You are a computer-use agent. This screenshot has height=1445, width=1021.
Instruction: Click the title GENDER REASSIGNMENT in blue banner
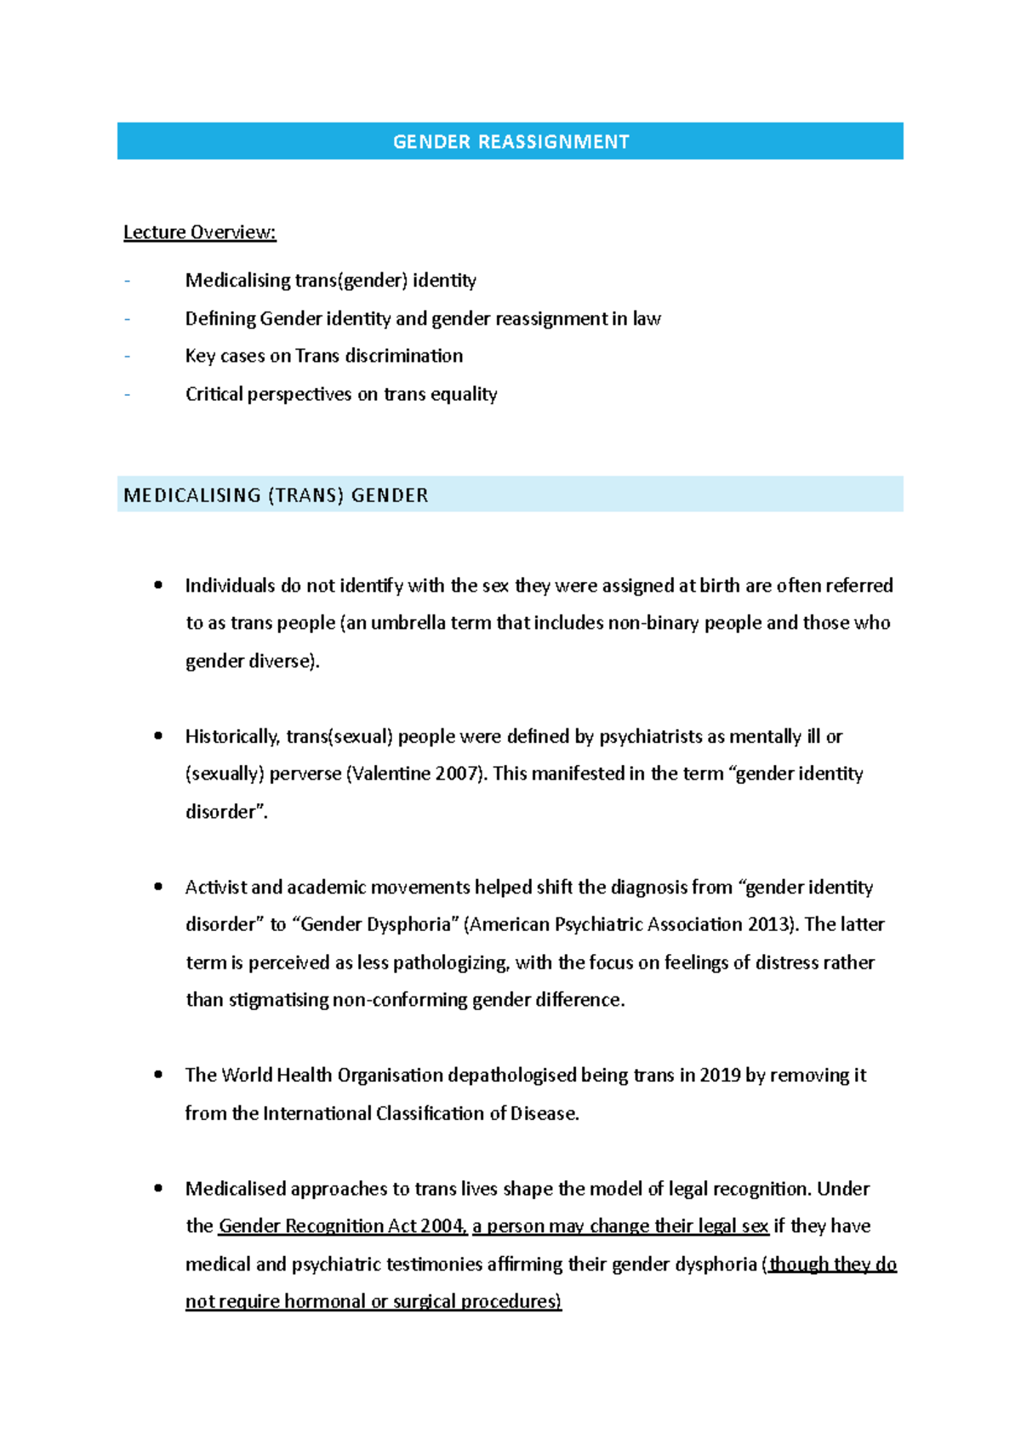(510, 141)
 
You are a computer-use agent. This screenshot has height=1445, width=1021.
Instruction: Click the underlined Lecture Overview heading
(199, 232)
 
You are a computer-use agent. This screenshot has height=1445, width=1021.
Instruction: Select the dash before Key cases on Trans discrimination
(128, 356)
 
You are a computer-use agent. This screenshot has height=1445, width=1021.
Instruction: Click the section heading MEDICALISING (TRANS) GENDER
(276, 495)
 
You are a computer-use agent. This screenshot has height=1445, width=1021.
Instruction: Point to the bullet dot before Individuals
(158, 585)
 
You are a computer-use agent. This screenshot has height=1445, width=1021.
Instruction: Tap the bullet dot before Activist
(158, 887)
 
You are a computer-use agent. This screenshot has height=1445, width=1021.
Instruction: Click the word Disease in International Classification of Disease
(544, 1113)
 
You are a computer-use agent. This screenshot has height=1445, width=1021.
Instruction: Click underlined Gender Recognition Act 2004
(342, 1226)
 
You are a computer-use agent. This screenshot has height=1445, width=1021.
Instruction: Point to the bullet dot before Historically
(158, 736)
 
